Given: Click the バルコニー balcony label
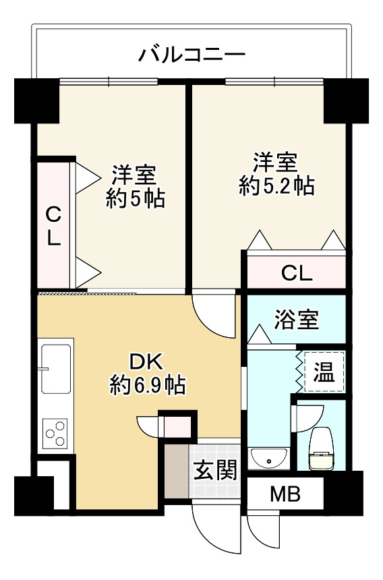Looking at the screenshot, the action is (192, 55).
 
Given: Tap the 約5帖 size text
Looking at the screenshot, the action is (136, 199).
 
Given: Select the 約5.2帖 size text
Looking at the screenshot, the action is (277, 185).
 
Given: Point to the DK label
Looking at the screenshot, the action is (146, 362).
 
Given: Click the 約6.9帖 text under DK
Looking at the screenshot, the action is (148, 386).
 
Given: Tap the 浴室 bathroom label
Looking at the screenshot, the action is (296, 320).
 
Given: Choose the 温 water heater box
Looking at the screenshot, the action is (324, 372).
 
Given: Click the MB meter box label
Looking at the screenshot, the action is (285, 494).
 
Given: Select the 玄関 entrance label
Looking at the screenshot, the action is (215, 471).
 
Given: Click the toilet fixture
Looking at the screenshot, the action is (321, 448).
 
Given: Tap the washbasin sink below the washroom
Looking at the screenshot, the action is (269, 459).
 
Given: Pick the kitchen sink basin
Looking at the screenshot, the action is (56, 369).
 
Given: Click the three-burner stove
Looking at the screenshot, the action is (55, 433).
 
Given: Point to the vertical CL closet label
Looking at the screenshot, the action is (53, 226).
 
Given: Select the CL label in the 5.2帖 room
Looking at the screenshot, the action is (297, 274).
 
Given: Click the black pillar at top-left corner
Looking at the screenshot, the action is (36, 100).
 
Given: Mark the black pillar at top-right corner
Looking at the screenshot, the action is (346, 100).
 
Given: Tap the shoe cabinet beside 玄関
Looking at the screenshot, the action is (177, 471).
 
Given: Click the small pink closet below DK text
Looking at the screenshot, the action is (177, 426).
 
